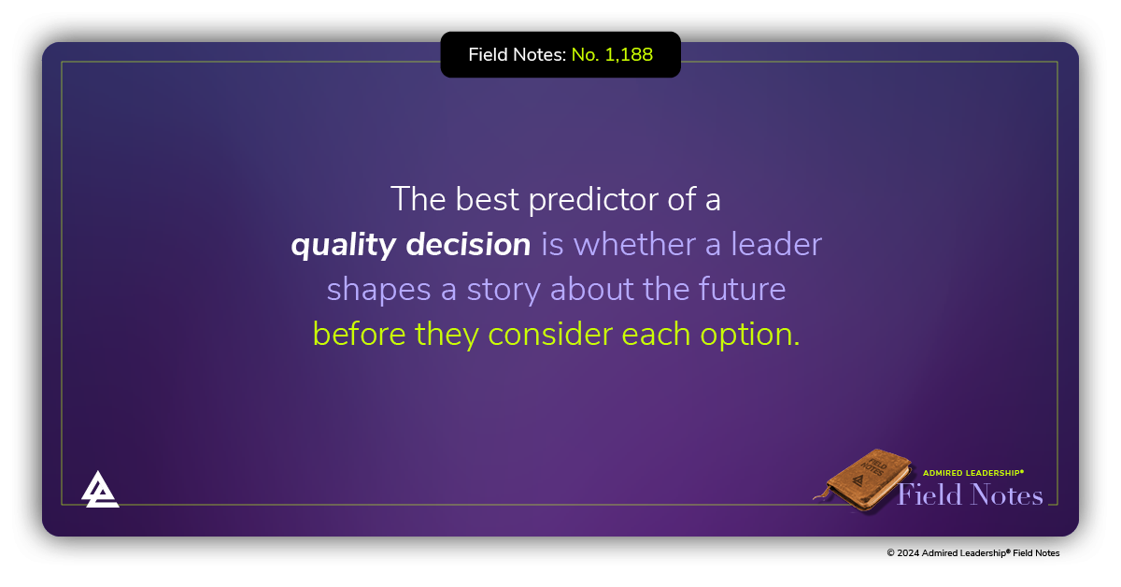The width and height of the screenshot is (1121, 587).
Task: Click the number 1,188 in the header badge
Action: [x=629, y=54]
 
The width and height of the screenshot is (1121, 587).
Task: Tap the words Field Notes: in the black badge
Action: [x=517, y=54]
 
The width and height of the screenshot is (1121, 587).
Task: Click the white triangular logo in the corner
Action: [x=100, y=489]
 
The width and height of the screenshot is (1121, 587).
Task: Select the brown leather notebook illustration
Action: [x=863, y=480]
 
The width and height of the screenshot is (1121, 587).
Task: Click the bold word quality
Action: [x=344, y=246]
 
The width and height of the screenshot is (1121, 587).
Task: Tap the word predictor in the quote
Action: [x=593, y=200]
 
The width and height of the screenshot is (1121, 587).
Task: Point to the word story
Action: [x=503, y=291]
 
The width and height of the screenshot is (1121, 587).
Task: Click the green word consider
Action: [x=550, y=334]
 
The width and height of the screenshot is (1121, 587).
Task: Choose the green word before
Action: [x=359, y=334]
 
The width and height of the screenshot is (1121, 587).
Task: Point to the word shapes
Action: [x=379, y=291]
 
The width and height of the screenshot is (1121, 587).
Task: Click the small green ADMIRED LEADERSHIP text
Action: [x=973, y=473]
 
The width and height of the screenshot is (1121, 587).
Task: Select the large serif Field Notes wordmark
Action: [x=970, y=494]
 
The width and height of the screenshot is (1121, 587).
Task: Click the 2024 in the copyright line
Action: [x=908, y=553]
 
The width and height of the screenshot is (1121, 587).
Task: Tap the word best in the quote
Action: [x=487, y=199]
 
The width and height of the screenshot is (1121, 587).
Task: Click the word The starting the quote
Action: [x=418, y=199]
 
